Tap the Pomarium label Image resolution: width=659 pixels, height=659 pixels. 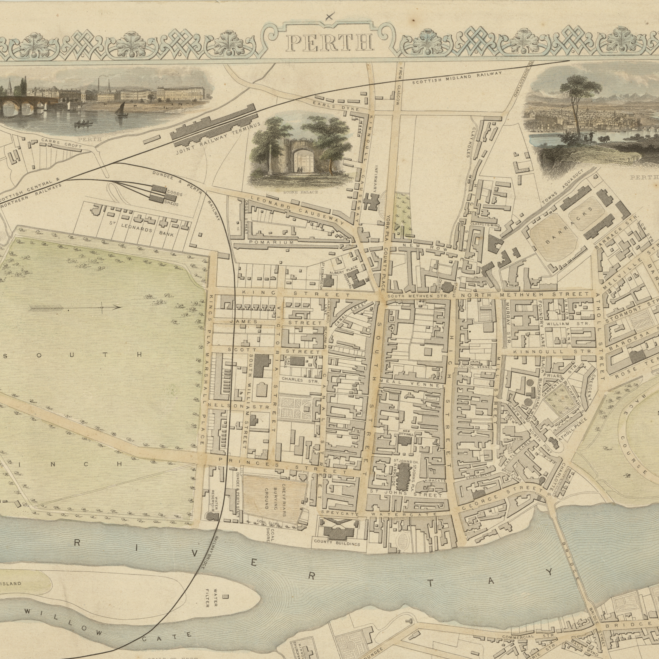click(271, 242)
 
